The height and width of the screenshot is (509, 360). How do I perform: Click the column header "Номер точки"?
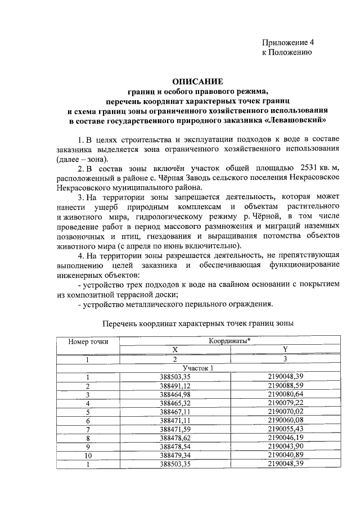[88, 341]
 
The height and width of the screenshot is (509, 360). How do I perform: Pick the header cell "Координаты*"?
[230, 341]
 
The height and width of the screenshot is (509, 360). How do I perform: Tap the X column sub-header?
[175, 350]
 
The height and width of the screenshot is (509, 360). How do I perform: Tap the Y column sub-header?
[285, 350]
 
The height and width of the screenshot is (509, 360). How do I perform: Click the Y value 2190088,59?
[285, 386]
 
